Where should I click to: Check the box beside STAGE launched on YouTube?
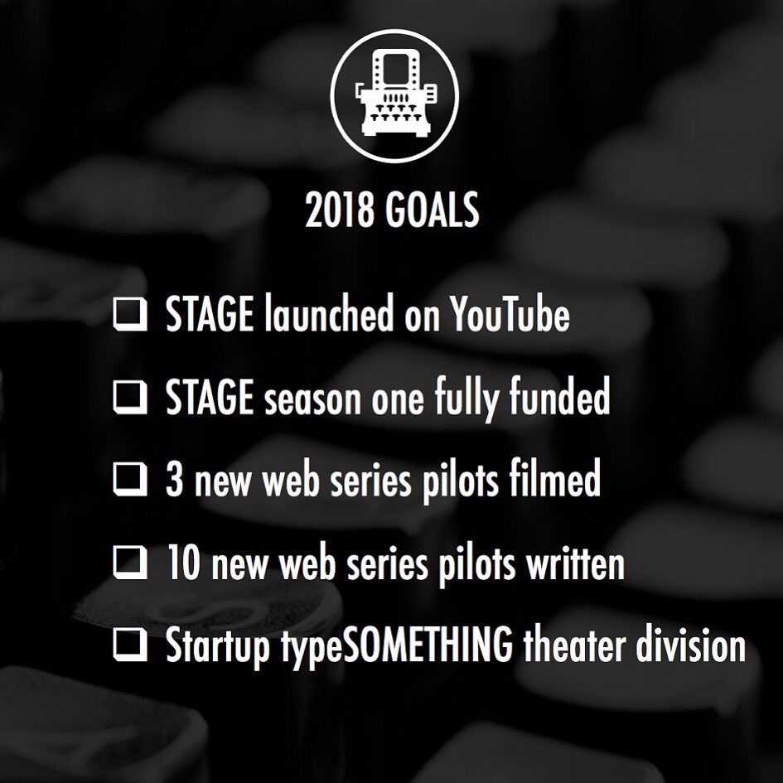click(130, 316)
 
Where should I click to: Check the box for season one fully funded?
click(130, 399)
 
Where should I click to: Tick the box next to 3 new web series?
click(130, 481)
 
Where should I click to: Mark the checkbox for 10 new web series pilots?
click(130, 564)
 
